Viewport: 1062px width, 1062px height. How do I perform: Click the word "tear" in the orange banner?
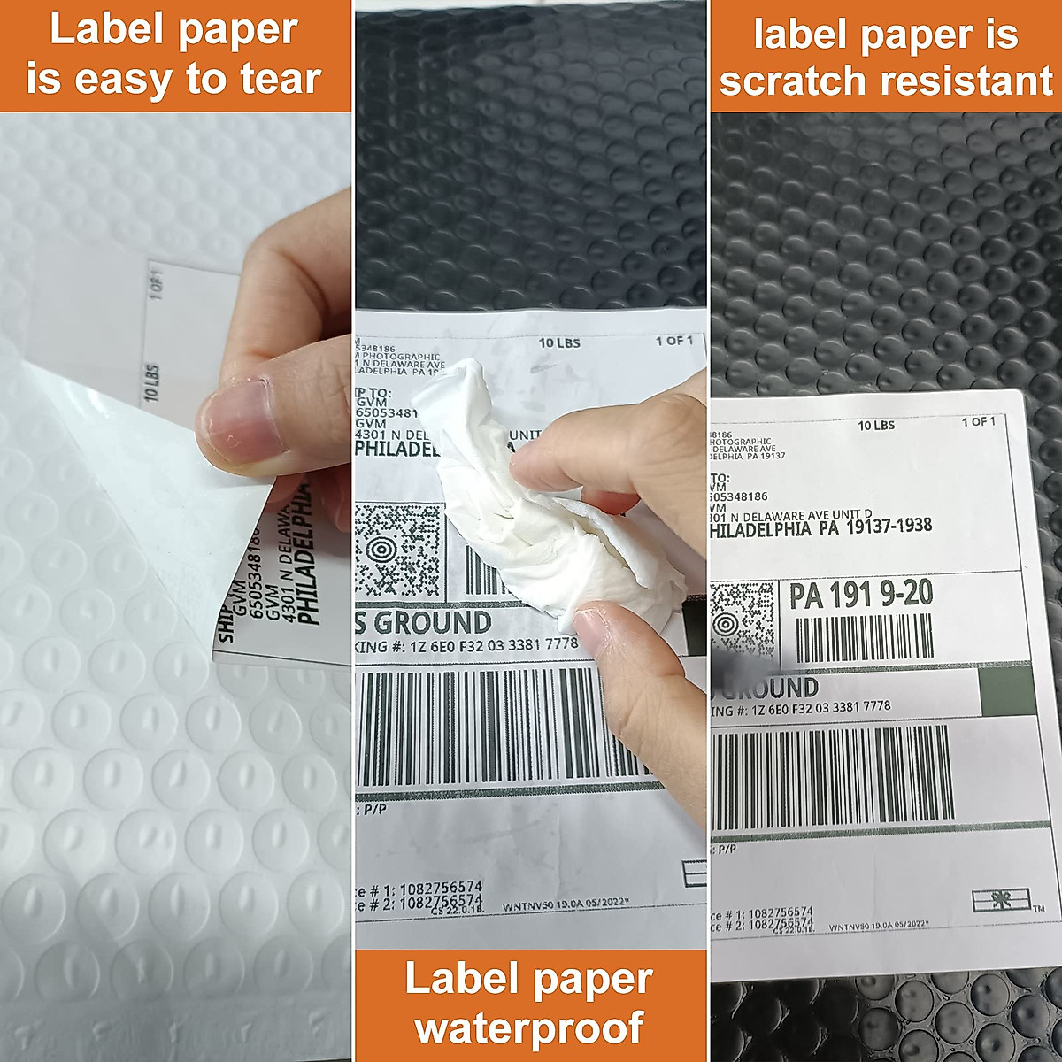[x=280, y=80]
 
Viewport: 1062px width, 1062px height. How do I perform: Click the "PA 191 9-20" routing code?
[x=860, y=595]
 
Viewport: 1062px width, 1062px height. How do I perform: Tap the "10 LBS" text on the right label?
[x=876, y=426]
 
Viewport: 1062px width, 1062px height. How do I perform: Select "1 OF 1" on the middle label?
[x=673, y=341]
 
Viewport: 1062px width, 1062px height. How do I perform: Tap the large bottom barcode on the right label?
[x=832, y=776]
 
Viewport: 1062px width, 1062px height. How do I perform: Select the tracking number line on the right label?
[x=801, y=707]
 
